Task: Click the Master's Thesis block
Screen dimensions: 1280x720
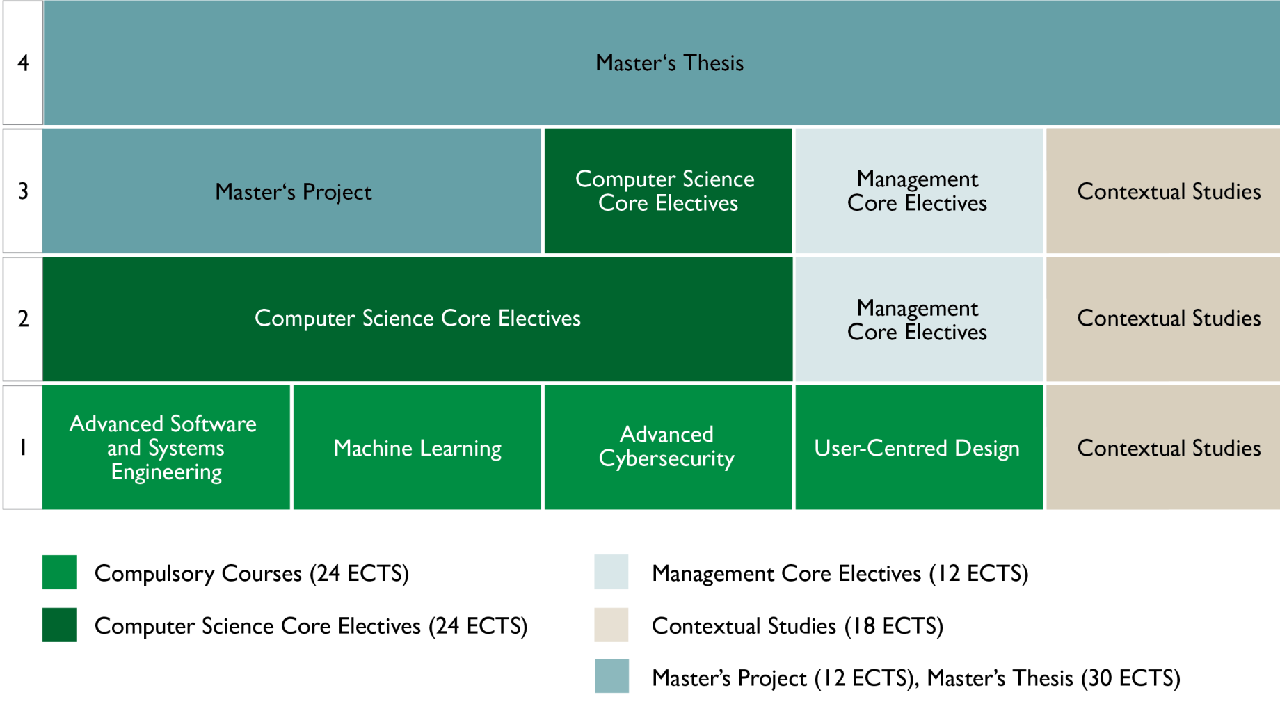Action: pos(661,63)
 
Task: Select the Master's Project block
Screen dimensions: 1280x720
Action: pos(292,191)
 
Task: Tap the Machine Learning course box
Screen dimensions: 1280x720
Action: pos(417,447)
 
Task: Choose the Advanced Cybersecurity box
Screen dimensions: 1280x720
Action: pos(668,447)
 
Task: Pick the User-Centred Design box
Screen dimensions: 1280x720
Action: pos(919,447)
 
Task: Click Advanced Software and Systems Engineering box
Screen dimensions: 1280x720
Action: pos(166,447)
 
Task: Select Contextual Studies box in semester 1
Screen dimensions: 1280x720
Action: pos(1163,447)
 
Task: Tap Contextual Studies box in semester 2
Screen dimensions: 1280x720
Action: pos(1163,319)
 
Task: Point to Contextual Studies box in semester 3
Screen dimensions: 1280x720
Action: pos(1163,191)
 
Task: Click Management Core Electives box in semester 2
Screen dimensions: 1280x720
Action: pos(919,319)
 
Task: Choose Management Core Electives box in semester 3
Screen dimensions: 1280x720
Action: pos(919,191)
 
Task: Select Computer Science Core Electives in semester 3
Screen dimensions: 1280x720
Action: pos(668,191)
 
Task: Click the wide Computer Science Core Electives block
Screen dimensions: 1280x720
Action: pos(417,319)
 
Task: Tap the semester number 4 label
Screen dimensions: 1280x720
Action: pos(23,63)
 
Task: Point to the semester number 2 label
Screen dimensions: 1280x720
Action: pos(23,319)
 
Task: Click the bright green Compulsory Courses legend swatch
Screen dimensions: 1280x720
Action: pos(59,572)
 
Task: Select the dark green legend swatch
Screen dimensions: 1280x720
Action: pos(59,625)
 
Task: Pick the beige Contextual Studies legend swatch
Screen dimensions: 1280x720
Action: pos(611,625)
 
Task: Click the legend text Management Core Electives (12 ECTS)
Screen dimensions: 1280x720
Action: pos(840,573)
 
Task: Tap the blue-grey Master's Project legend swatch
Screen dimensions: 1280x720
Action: pos(611,676)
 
